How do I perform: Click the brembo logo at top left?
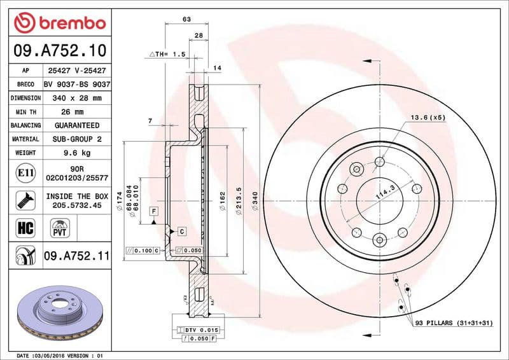click(x=59, y=24)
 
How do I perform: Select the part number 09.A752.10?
click(x=59, y=50)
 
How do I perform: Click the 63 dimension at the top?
click(x=186, y=20)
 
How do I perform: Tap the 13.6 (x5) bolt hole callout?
click(x=427, y=118)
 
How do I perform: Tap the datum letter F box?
click(x=153, y=211)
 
